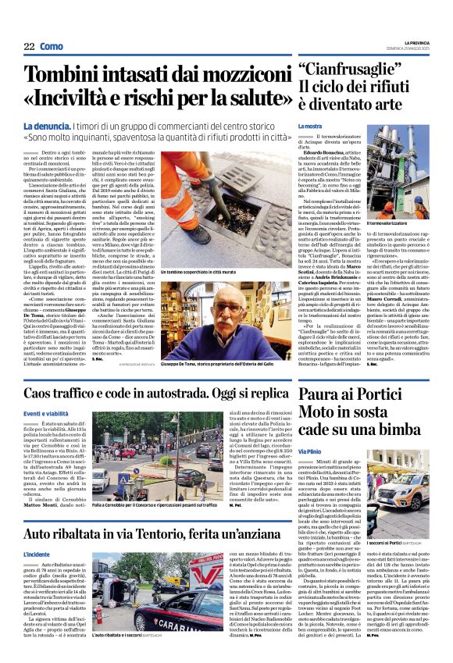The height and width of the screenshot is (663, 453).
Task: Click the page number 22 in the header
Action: pyautogui.click(x=29, y=47)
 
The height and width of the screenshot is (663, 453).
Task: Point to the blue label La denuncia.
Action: pyautogui.click(x=49, y=126)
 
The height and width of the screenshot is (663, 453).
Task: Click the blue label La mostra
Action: pyautogui.click(x=310, y=127)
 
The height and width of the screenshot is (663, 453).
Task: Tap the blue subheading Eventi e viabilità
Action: pyautogui.click(x=49, y=413)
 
